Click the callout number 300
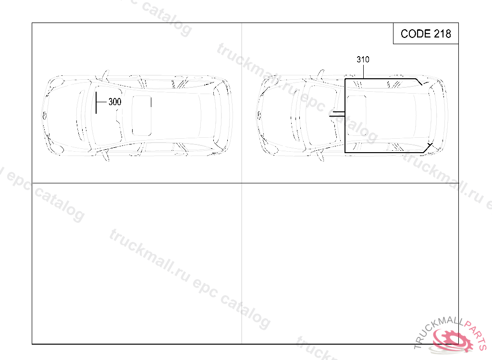point(115,102)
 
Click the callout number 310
point(363,59)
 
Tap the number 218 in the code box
point(443,34)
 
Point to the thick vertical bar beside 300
point(96,103)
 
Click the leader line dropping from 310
point(363,71)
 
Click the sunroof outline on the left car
point(142,115)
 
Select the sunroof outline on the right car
point(357,115)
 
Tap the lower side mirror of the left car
point(105,156)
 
